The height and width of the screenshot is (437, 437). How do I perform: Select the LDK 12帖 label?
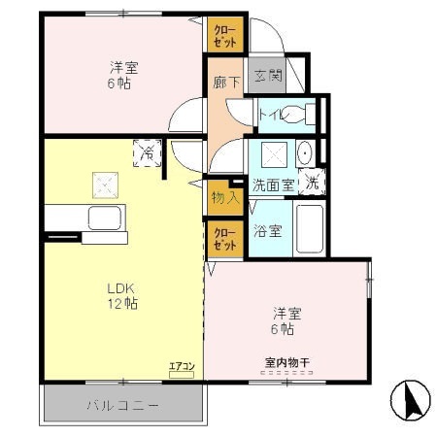[x=122, y=295]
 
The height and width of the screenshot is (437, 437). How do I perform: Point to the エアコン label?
[x=182, y=366]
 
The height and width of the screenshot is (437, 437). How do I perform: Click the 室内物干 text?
[x=286, y=363]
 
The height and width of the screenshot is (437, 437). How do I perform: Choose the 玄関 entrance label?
[x=267, y=77]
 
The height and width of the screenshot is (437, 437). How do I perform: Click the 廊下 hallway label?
[x=225, y=83]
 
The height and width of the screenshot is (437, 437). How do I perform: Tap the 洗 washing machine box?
[x=312, y=181]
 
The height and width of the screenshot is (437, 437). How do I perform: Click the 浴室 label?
[x=267, y=231]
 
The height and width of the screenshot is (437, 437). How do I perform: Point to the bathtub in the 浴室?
[x=310, y=230]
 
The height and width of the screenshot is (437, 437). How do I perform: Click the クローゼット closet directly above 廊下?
[x=225, y=36]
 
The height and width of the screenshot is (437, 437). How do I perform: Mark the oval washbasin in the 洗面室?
[x=304, y=153]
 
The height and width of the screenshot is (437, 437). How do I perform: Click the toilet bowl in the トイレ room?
[x=308, y=114]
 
